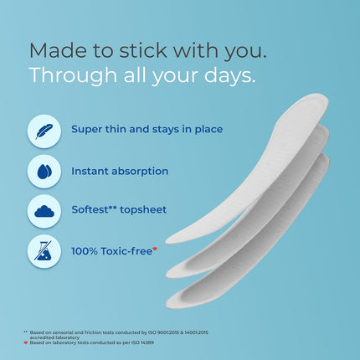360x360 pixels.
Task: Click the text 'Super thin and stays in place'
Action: tap(147, 130)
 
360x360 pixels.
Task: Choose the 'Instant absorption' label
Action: tap(120, 171)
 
